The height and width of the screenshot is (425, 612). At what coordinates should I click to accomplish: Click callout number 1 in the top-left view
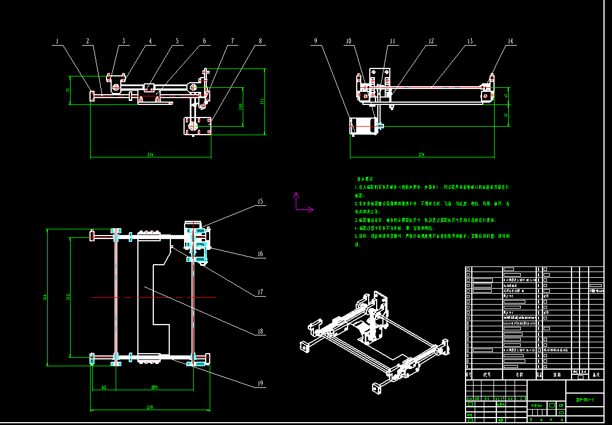pos(57,42)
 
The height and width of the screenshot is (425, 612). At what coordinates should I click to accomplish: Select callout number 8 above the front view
pos(260,42)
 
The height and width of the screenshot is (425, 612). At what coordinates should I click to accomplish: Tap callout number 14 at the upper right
pos(509,41)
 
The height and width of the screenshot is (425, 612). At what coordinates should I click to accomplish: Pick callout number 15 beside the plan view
pos(260,201)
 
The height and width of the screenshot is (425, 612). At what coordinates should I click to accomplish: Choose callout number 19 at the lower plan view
pos(260,383)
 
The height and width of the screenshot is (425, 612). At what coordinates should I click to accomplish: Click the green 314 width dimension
pos(150,155)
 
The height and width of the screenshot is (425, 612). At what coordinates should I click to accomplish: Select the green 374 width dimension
pos(422,155)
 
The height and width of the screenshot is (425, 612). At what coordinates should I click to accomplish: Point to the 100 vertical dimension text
pos(241,107)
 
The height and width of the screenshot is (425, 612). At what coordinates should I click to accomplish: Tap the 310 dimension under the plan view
pos(150,408)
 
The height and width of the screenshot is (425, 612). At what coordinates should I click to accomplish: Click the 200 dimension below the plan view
pos(154,387)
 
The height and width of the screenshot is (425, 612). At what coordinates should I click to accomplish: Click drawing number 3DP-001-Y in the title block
pos(585,399)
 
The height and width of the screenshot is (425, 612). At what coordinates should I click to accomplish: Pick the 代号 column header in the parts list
pos(487,375)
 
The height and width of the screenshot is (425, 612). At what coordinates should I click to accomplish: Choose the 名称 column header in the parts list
pos(519,375)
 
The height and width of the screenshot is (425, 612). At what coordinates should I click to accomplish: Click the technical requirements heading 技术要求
pos(365,179)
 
